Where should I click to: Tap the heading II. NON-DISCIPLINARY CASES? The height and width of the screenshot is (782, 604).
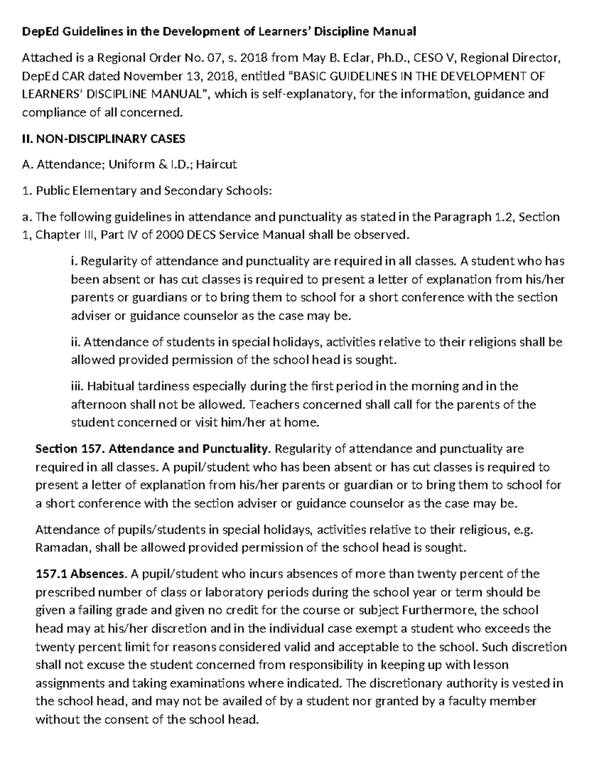pyautogui.click(x=104, y=138)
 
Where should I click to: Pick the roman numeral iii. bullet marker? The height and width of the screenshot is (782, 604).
pyautogui.click(x=77, y=387)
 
